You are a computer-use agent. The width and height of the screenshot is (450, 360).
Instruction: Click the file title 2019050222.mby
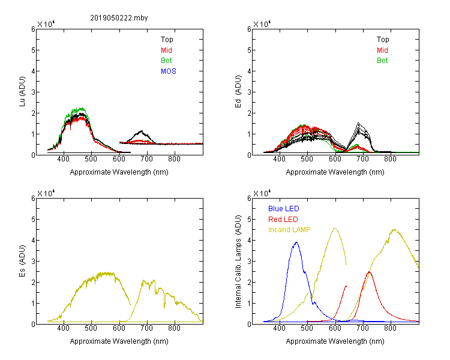(119, 18)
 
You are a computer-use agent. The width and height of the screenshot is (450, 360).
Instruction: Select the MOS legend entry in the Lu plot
(169, 71)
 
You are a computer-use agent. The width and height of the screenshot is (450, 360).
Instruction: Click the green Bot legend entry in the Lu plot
(166, 61)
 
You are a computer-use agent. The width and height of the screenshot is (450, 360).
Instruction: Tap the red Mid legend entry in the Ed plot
(382, 50)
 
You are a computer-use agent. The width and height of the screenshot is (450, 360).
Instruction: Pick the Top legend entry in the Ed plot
(383, 40)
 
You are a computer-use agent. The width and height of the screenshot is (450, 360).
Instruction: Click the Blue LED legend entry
(284, 209)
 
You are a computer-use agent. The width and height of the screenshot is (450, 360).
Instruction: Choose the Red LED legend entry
(283, 220)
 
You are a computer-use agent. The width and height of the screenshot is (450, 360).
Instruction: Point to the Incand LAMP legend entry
(289, 230)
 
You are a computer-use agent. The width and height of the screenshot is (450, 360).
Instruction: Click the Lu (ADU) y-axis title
(22, 92)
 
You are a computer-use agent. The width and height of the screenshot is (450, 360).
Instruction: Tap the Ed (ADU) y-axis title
(238, 92)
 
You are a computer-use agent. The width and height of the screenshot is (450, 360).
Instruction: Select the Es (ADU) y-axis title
(22, 261)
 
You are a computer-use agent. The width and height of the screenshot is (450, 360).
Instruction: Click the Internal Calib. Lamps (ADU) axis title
(238, 262)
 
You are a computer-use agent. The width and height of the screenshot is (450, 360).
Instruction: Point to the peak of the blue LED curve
(296, 242)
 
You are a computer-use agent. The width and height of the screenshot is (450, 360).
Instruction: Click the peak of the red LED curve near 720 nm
(369, 272)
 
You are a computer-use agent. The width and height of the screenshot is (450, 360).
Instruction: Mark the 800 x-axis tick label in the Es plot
(174, 328)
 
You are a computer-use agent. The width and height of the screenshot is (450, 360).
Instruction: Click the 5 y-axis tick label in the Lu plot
(33, 50)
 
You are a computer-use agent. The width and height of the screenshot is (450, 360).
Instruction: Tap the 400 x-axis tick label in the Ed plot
(279, 159)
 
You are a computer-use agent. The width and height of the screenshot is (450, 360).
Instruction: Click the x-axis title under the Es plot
(119, 341)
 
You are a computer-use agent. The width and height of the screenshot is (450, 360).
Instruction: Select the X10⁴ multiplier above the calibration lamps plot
(262, 193)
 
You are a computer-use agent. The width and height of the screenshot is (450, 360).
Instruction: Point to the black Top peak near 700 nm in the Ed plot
(358, 123)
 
